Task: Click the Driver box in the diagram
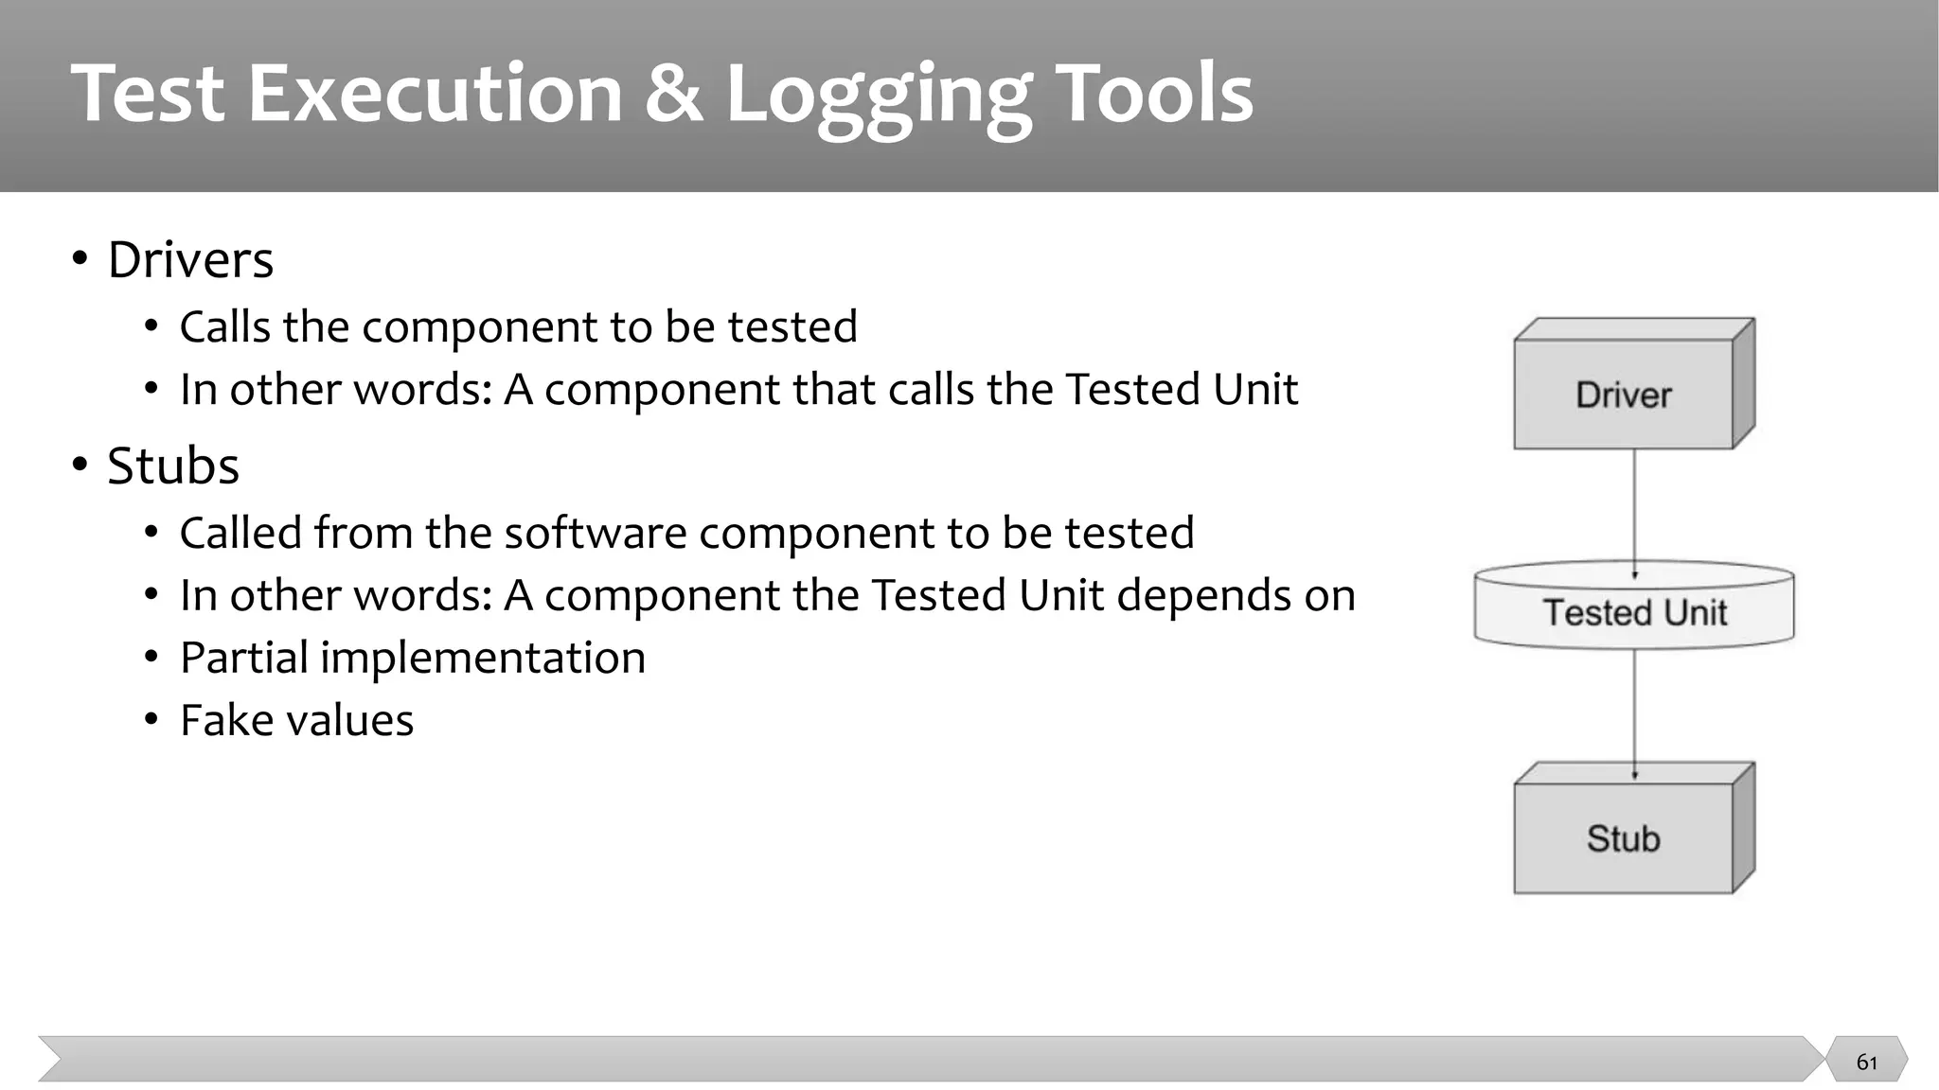1625,395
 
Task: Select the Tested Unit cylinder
1634,611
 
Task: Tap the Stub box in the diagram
1624,838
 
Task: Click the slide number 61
1866,1062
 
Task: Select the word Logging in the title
878,95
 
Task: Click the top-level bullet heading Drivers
190,259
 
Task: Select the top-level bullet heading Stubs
173,466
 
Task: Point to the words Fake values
296,720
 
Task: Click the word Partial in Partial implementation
243,659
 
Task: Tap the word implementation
483,659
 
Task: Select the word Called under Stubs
241,533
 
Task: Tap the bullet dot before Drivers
80,258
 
